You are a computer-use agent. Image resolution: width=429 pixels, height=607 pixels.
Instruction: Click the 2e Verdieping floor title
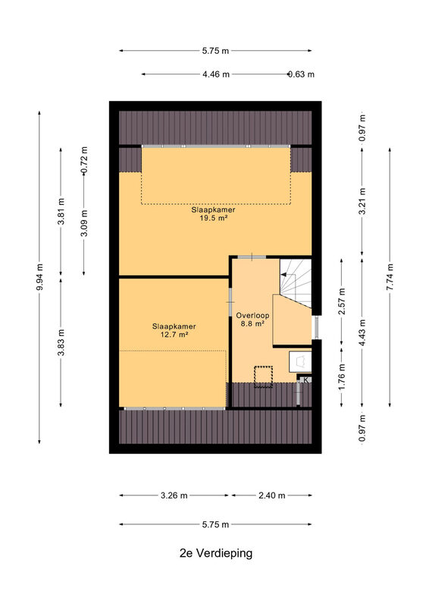(216, 553)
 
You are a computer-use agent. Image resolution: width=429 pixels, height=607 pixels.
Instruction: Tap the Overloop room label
(252, 315)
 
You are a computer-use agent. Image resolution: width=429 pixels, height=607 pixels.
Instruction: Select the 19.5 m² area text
(213, 219)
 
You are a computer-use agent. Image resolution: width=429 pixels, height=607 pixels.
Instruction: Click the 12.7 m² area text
(174, 335)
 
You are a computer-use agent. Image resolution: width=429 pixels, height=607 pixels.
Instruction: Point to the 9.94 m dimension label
(39, 277)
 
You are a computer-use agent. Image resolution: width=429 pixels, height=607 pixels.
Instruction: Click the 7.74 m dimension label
(390, 277)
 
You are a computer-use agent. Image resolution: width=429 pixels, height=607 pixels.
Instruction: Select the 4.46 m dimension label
(216, 74)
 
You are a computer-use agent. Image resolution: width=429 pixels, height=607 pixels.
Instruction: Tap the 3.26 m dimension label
(174, 495)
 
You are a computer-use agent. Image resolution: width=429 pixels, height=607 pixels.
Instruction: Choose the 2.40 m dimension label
(272, 495)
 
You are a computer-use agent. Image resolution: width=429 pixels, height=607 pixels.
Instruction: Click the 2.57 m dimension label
(342, 302)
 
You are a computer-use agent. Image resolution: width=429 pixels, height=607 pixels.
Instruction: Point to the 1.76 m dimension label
(342, 377)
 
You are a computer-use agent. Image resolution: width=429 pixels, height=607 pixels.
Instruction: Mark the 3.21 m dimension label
(362, 201)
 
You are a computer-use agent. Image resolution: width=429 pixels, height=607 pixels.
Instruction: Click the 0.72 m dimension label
(84, 160)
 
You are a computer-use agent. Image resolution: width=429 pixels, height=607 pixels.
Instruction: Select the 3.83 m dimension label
(61, 343)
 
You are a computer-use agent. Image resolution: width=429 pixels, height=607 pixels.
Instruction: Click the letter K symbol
(306, 380)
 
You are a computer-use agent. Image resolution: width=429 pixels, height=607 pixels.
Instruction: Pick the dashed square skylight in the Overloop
(263, 376)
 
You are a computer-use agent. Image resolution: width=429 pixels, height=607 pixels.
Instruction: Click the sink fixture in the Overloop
(300, 362)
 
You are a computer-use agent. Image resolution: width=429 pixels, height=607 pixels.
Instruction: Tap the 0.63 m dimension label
(301, 74)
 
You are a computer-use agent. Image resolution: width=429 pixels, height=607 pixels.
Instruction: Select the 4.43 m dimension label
(362, 333)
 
